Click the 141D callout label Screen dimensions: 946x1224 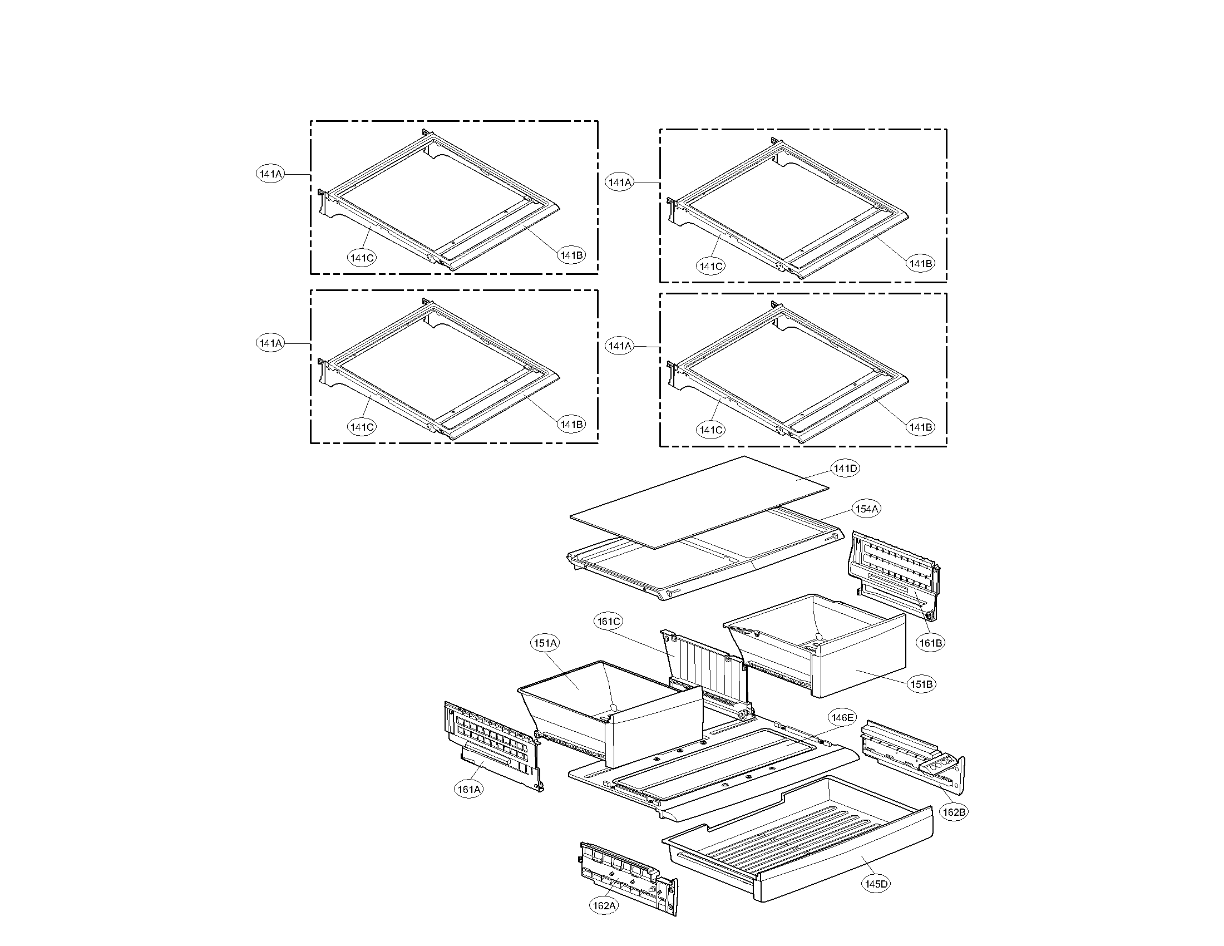point(845,468)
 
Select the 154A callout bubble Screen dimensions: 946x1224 point(866,509)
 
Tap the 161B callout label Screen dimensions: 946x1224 point(930,643)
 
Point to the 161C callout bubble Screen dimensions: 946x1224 point(609,621)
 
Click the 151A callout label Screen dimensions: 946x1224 point(545,643)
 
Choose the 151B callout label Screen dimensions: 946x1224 point(921,684)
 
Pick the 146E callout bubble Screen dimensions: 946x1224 point(842,717)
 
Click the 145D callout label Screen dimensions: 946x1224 point(876,884)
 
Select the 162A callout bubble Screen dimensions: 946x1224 point(604,905)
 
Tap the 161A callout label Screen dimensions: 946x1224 point(468,789)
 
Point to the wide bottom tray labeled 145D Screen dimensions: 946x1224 point(796,852)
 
